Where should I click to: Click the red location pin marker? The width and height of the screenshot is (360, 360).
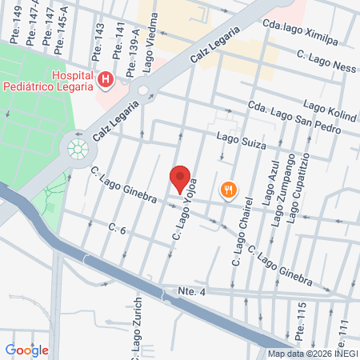180,178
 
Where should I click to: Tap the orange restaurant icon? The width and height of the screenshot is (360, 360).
230,190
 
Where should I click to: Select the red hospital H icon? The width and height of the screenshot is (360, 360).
106,79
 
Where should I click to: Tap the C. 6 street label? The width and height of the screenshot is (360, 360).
118,230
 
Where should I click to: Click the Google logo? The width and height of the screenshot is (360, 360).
26,350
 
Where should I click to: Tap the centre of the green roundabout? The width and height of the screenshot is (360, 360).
78,148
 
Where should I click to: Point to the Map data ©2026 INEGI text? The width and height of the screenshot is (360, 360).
311,354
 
